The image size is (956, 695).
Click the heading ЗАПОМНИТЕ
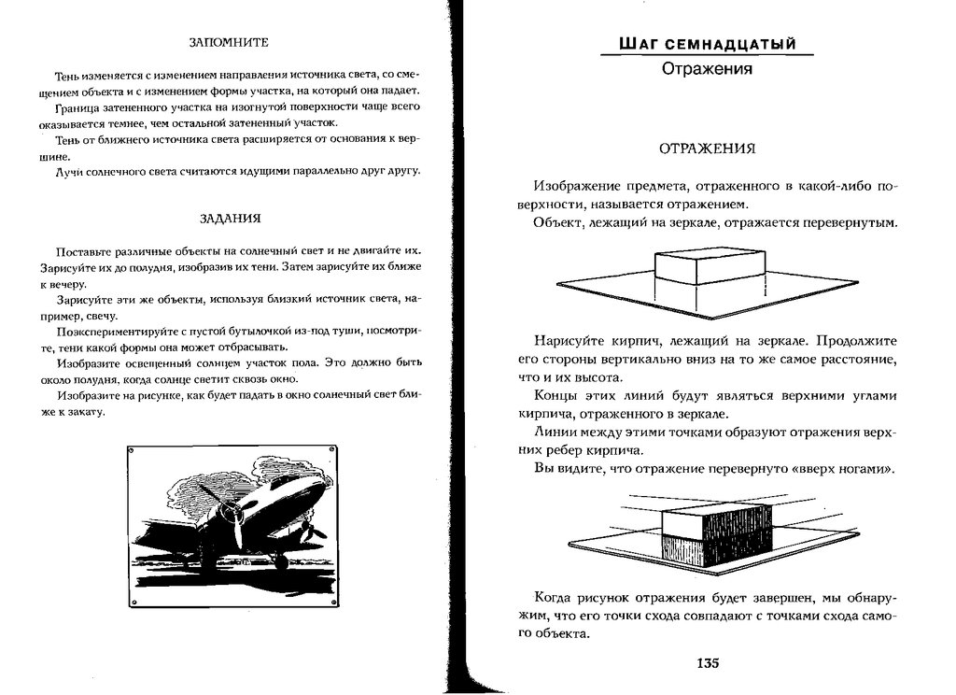coord(229,42)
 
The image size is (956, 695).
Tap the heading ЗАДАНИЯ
coord(230,219)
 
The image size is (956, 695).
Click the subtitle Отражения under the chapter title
coord(707,68)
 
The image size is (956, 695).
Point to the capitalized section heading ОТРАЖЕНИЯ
coord(707,149)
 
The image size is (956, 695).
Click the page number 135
coord(707,664)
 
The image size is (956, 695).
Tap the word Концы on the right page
coord(556,396)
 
